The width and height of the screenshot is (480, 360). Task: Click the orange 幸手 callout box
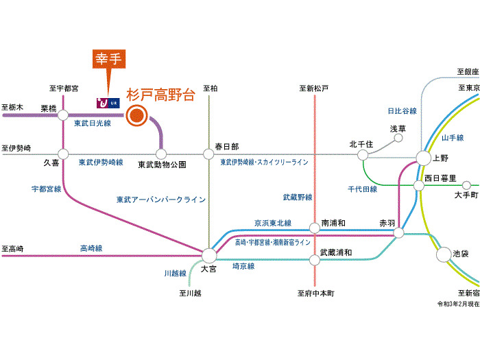108,60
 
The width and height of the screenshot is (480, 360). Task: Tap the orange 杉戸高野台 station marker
138,115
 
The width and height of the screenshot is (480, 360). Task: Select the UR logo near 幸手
108,101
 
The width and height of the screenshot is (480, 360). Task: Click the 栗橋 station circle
63,115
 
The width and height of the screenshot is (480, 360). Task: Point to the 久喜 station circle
63,154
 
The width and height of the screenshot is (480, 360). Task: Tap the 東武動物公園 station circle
161,154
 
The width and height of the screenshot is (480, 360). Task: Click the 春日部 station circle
208,154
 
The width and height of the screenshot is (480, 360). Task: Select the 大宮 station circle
208,255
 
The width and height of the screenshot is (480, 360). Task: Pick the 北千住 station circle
363,155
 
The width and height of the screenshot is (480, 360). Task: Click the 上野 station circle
423,158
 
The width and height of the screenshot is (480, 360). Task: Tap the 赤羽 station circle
398,233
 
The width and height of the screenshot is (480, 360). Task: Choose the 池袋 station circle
444,254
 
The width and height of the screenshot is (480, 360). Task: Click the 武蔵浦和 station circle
314,259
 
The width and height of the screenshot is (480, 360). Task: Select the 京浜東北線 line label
272,223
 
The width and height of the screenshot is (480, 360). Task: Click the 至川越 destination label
191,293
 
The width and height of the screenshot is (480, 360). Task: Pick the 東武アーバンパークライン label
160,200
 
